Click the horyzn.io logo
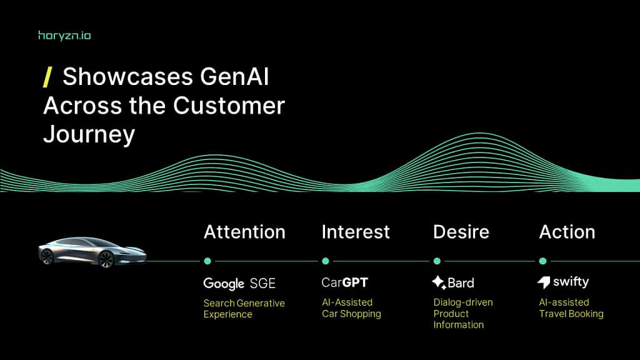pos(64,36)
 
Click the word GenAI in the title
pos(234,77)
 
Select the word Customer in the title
pos(229,106)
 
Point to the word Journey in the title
pos(89,134)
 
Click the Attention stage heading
pos(244,232)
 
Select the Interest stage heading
pos(356,232)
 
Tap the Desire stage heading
pos(461,232)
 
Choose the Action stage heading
pos(567,232)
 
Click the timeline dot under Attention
pos(207,261)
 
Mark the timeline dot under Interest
pos(325,261)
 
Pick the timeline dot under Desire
pos(437,261)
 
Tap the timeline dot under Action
pos(542,261)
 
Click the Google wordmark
pos(224,283)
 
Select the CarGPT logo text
pos(345,282)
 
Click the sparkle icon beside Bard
pos(439,282)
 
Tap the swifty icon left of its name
pos(544,283)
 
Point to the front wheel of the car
pos(107,259)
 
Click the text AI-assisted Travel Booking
pos(571,308)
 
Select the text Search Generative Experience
pos(244,309)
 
